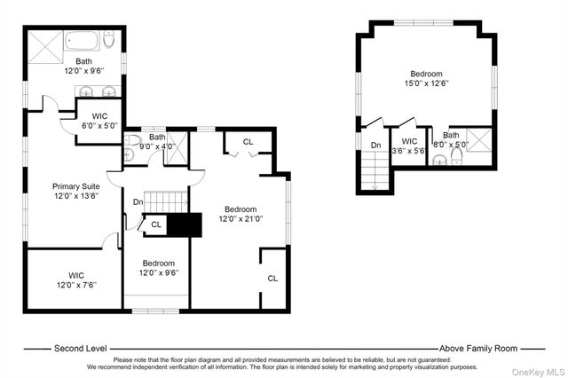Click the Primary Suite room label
tap(76, 186)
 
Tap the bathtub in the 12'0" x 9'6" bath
tap(82, 42)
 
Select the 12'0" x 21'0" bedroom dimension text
tap(241, 218)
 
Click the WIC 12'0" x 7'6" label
tap(76, 280)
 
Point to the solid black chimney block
tap(184, 224)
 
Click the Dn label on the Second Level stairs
tap(138, 202)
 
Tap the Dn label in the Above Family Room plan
tap(376, 146)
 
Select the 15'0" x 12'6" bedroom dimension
tap(426, 83)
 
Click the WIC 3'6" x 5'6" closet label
tap(409, 146)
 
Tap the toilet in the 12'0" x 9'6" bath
tap(109, 39)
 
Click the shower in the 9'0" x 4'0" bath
tap(177, 148)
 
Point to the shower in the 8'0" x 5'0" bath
tap(479, 140)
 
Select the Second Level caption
tap(81, 349)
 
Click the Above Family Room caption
tap(478, 349)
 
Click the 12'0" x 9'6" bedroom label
tap(159, 268)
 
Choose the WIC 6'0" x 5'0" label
tap(100, 121)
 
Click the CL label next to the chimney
tap(156, 224)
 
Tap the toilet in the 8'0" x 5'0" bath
tap(457, 156)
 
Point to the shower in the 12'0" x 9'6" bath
tap(45, 47)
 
